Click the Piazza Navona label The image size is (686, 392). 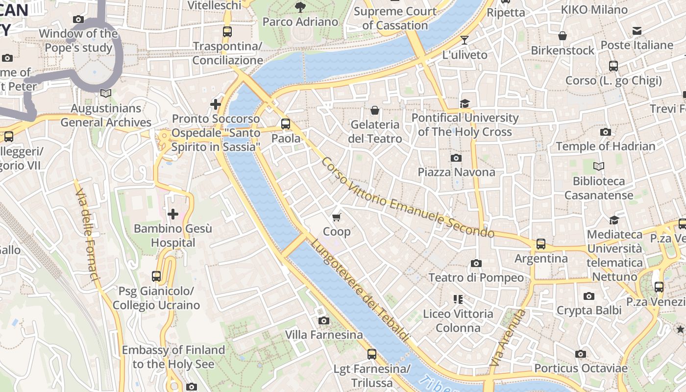pos(456,172)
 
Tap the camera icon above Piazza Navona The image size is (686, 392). pos(456,158)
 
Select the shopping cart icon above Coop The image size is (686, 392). pos(336,217)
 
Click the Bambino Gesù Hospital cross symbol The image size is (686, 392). pos(173,214)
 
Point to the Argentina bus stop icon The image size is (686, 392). pos(541,244)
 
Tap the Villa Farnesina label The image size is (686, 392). pos(324,335)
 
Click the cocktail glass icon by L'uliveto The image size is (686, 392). pos(465,40)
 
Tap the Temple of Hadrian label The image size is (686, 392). pos(605,146)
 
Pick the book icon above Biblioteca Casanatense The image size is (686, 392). pos(599,166)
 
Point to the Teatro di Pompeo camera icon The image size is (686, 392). pos(476,263)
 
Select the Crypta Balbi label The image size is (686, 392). pos(588,310)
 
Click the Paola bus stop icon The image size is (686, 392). pos(286,123)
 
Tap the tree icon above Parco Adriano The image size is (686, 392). pos(300,7)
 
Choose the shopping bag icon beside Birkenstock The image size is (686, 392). pos(563,36)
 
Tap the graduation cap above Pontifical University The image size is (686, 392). pos(465,103)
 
